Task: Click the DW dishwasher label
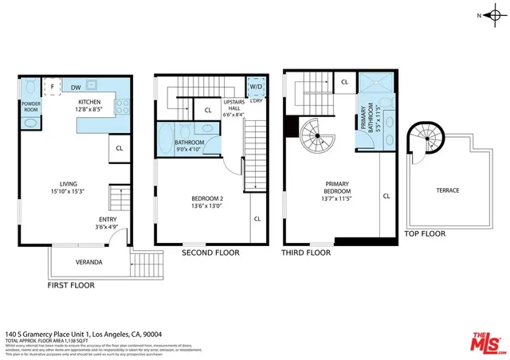point(75,86)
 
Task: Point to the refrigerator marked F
point(52,87)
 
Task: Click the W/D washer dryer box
point(257,86)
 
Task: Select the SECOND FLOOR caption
point(210,253)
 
